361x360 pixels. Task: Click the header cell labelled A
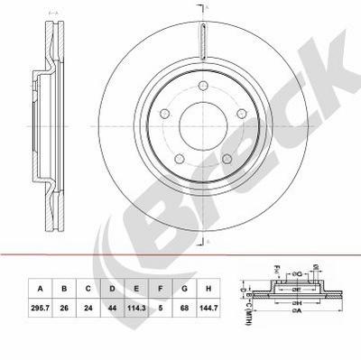tap(40, 290)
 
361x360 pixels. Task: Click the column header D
tap(111, 290)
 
